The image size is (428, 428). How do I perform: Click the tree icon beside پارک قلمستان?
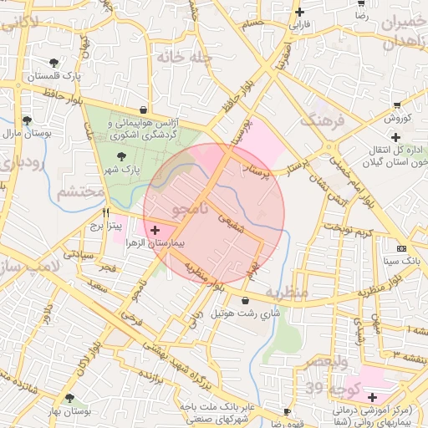[54, 63]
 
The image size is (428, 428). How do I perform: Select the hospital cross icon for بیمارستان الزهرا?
[155, 229]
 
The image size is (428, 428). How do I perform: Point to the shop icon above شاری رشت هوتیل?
[245, 300]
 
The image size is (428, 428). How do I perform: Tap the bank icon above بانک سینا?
[401, 248]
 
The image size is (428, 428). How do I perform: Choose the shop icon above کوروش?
[395, 105]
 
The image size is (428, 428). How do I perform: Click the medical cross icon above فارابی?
[300, 12]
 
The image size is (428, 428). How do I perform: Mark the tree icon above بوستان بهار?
[70, 398]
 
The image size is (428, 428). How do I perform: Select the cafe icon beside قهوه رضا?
[287, 412]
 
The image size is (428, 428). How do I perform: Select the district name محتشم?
[80, 192]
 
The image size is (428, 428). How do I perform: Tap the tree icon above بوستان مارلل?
[27, 120]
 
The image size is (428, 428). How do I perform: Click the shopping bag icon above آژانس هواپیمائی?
[144, 109]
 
